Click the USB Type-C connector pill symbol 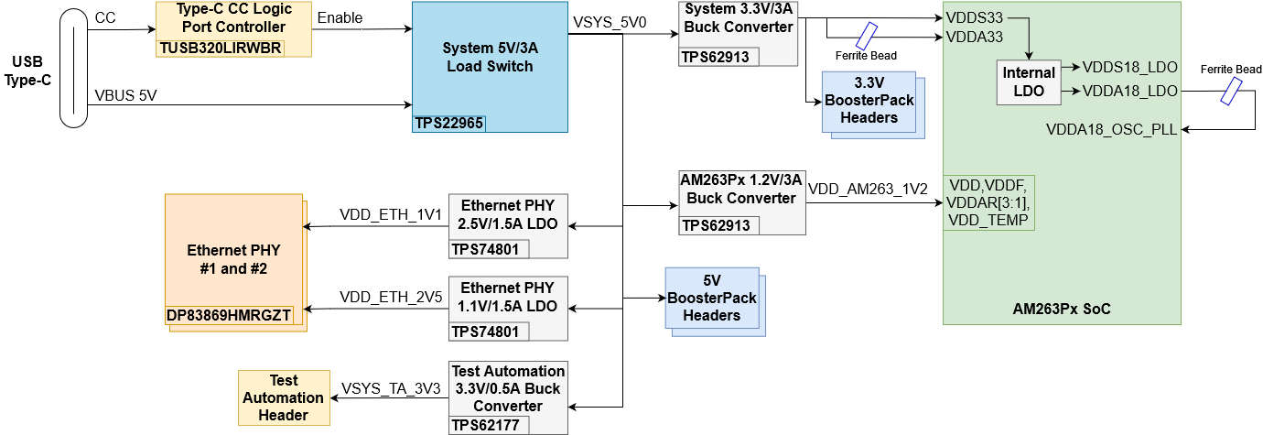[73, 69]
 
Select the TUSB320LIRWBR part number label [221, 49]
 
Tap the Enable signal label [340, 17]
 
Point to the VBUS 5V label [125, 94]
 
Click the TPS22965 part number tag [448, 124]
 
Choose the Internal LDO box [1029, 82]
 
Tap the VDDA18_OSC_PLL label [1111, 129]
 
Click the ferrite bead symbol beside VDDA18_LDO [1232, 91]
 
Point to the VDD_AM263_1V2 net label [868, 189]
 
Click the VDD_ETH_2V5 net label [391, 297]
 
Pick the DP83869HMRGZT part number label [229, 315]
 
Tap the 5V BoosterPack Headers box [711, 298]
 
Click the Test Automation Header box [284, 397]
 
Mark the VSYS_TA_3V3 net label [391, 388]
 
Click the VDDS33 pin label [974, 17]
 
